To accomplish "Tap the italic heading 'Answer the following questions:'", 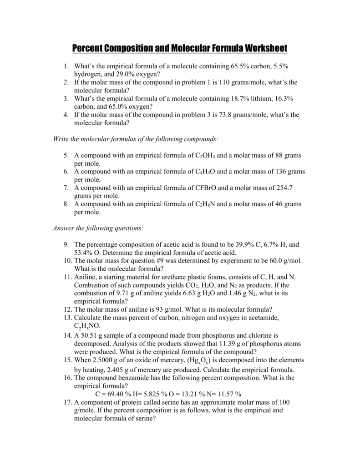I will point(99,228).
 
